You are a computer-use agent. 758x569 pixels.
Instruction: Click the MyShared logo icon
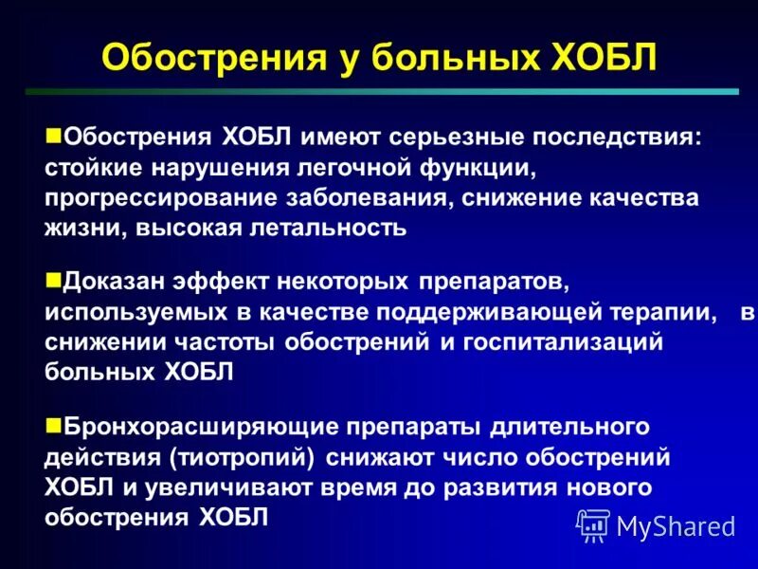click(x=593, y=524)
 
